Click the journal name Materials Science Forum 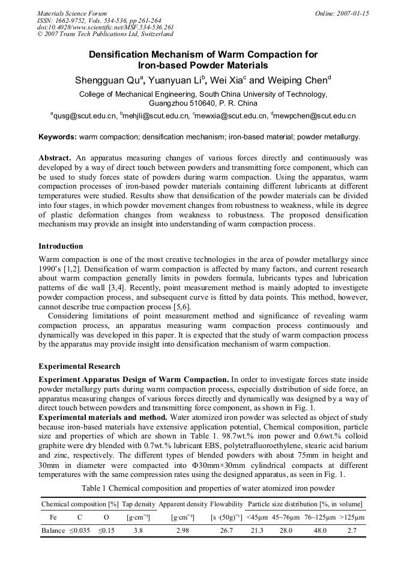click(72, 13)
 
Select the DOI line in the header click(105, 27)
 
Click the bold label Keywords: click(58, 137)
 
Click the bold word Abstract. click(55, 157)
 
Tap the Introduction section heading click(61, 246)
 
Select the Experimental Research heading click(79, 366)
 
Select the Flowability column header click(226, 504)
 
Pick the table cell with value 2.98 click(183, 531)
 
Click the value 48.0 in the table click(321, 531)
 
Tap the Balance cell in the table click(53, 531)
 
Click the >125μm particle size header click(352, 517)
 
